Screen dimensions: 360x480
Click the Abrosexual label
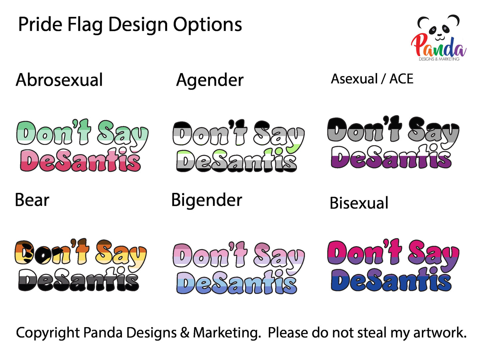pos(59,80)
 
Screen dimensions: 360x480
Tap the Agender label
pos(210,80)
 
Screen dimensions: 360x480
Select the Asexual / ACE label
pos(372,79)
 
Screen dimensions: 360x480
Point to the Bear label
pos(32,200)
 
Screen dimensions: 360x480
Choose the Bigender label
pos(207,200)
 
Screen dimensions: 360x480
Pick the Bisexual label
pos(359,203)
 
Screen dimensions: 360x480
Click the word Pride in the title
pos(40,25)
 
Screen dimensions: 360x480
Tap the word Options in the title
pos(207,25)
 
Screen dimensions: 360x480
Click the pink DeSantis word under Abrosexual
pos(80,161)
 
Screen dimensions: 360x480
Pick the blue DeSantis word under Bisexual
pos(391,281)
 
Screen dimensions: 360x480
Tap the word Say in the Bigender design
pos(278,256)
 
